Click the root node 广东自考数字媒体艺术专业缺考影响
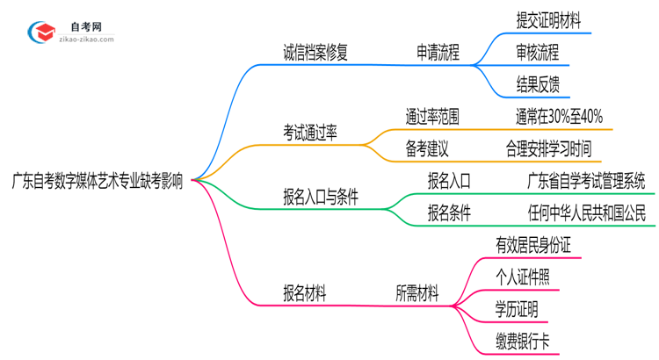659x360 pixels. (98, 182)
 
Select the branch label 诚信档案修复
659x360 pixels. (309, 52)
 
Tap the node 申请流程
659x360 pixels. (438, 52)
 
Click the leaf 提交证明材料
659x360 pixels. (548, 19)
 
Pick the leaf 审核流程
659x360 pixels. (537, 52)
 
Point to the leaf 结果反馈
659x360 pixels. (537, 84)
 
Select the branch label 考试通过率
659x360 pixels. (310, 133)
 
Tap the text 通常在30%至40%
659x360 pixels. (559, 117)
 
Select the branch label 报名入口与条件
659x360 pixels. (320, 198)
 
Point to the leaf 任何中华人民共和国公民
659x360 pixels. (585, 213)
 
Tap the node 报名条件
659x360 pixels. (449, 213)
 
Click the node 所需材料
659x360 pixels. (416, 294)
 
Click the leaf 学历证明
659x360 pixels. (516, 310)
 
